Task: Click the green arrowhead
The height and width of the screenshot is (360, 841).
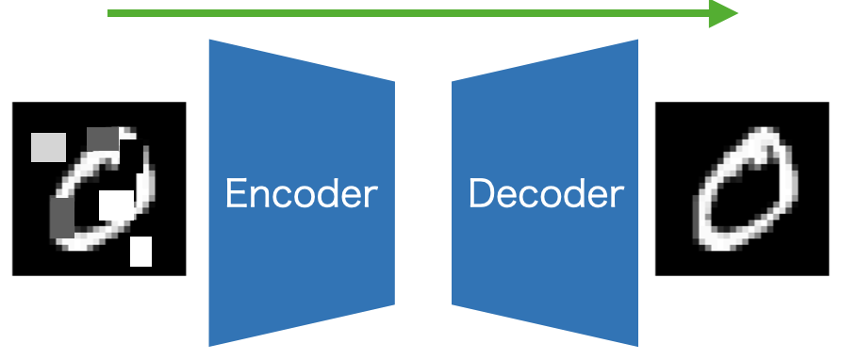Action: point(724,13)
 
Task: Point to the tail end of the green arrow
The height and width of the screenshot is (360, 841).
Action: point(111,13)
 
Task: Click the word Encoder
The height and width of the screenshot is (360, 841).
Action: point(301,194)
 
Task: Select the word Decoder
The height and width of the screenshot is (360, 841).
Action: point(546,194)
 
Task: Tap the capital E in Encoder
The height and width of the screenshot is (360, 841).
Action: point(236,194)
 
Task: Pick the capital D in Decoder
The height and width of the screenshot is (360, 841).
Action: point(481,194)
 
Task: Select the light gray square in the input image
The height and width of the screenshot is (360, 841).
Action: point(48,147)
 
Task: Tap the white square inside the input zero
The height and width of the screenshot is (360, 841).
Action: point(116,204)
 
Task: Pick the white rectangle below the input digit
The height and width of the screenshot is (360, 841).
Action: point(140,251)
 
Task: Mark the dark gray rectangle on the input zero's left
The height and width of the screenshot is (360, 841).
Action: point(60,219)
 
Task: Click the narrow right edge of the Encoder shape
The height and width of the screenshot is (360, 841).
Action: point(392,193)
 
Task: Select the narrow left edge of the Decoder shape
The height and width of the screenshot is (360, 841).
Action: point(454,193)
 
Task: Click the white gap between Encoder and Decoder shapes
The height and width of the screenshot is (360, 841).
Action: point(423,193)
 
